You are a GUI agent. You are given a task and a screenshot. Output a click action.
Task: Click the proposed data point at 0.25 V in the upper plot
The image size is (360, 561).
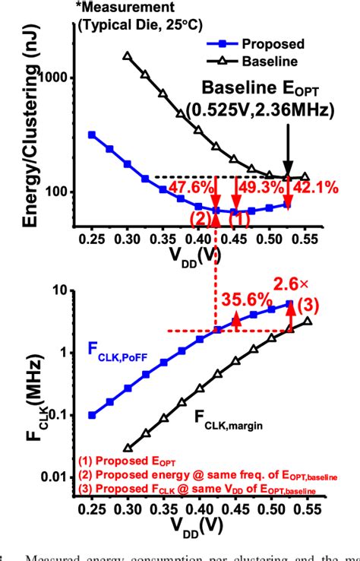coord(92,135)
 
